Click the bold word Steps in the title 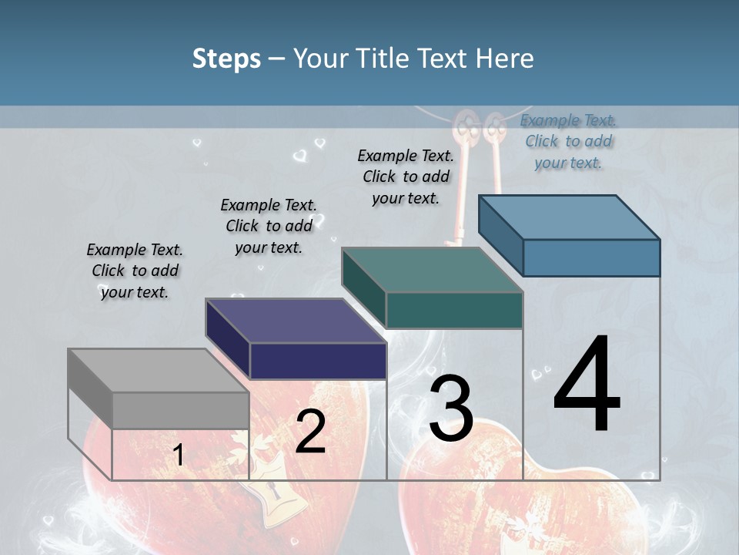[226, 59]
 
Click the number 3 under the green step [451, 408]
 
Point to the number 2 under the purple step [310, 432]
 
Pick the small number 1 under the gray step [179, 455]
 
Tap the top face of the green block [432, 270]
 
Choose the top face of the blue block [569, 217]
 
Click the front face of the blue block [591, 257]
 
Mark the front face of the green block [454, 311]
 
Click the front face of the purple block [318, 361]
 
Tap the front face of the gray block [180, 410]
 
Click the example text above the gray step [135, 271]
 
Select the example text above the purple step [269, 226]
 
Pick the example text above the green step [406, 177]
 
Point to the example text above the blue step [568, 141]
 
